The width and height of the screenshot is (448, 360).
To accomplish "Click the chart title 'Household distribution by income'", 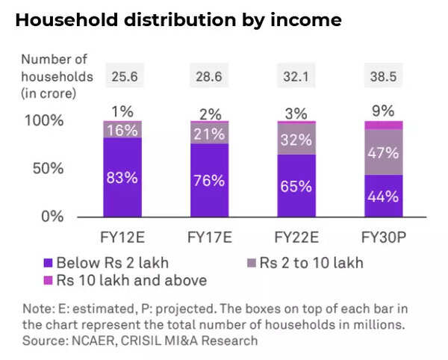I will pyautogui.click(x=178, y=20).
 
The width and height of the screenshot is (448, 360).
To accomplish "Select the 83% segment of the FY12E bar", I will pyautogui.click(x=122, y=179).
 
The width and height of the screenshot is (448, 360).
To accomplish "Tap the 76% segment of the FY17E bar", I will pyautogui.click(x=208, y=180).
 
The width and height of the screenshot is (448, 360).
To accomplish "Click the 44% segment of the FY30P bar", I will pyautogui.click(x=382, y=196).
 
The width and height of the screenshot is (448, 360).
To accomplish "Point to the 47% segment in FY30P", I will pyautogui.click(x=382, y=153).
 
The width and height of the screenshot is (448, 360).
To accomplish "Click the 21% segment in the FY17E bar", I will pyautogui.click(x=208, y=133).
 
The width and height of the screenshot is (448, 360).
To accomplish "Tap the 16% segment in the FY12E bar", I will pyautogui.click(x=122, y=129).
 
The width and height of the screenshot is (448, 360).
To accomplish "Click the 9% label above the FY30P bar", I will pyautogui.click(x=382, y=111).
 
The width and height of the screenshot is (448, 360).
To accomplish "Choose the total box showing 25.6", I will pyautogui.click(x=122, y=76).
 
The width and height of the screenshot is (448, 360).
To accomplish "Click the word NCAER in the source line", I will pyautogui.click(x=94, y=341).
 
